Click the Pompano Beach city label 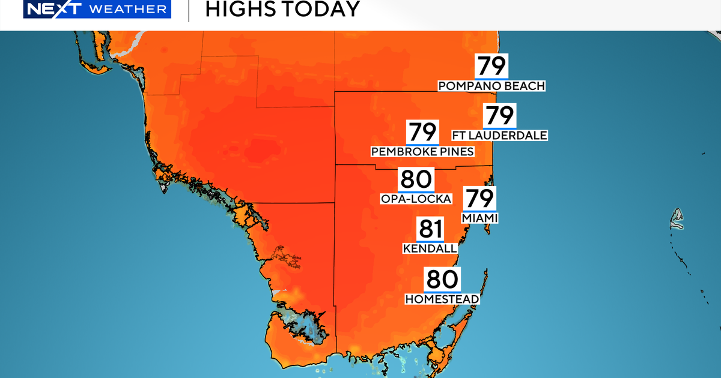pyautogui.click(x=491, y=86)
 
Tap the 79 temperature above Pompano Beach pyautogui.click(x=491, y=65)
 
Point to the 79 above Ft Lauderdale pyautogui.click(x=499, y=115)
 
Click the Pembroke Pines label pyautogui.click(x=422, y=152)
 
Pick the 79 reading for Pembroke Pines pyautogui.click(x=422, y=131)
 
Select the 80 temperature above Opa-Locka pyautogui.click(x=415, y=179)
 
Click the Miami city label pyautogui.click(x=479, y=217)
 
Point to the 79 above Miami pyautogui.click(x=479, y=197)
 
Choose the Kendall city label pyautogui.click(x=430, y=248)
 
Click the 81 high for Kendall pyautogui.click(x=430, y=229)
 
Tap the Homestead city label pyautogui.click(x=442, y=299)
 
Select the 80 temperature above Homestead pyautogui.click(x=442, y=279)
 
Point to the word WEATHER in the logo pyautogui.click(x=127, y=9)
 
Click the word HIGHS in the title pyautogui.click(x=240, y=9)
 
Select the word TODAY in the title pyautogui.click(x=320, y=9)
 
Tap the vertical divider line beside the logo pyautogui.click(x=189, y=10)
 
